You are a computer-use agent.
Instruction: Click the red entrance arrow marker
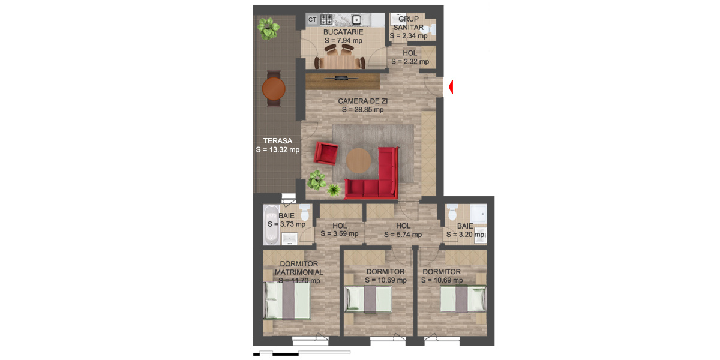pos(451,87)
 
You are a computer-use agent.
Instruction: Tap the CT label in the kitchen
pos(312,19)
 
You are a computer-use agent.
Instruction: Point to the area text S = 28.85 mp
pos(362,110)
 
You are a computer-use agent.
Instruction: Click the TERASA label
pos(277,141)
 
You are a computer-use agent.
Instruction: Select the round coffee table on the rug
pos(359,160)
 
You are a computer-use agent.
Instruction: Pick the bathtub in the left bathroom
pos(271,224)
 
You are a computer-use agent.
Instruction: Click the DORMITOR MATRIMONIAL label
pos(299,268)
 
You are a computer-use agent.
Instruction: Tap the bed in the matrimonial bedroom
pos(287,301)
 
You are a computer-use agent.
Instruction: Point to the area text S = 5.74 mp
pos(402,234)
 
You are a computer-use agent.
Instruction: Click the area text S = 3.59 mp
pos(339,234)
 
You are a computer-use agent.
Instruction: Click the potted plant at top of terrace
pos(268,28)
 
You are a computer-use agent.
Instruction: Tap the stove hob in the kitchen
pos(326,19)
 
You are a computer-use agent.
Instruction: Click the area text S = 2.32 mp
pos(410,61)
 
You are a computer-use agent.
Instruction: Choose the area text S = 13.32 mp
pos(277,149)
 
